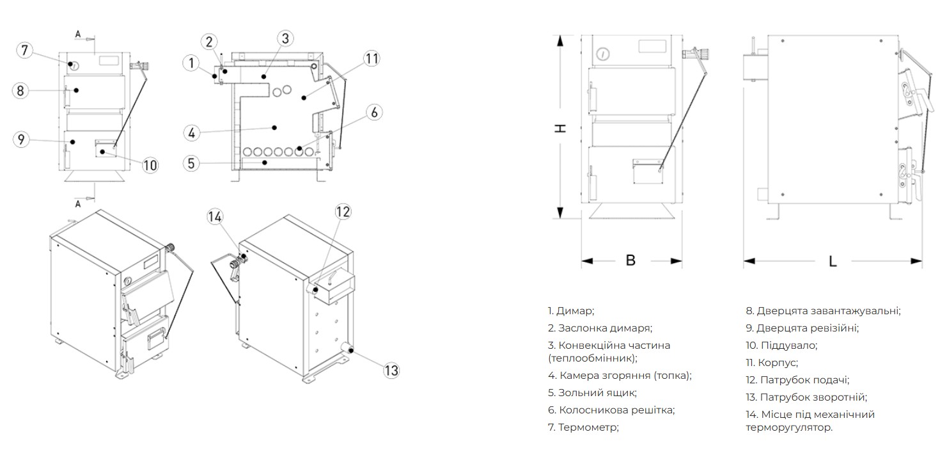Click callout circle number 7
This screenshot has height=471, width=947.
(x=24, y=50)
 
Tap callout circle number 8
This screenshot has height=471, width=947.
(x=20, y=91)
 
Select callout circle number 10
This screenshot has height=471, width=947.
(x=150, y=165)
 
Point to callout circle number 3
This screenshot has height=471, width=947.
(x=285, y=38)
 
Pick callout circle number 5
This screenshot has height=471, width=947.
(x=192, y=163)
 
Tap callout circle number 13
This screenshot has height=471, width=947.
(x=391, y=370)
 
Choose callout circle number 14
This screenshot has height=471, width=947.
(x=215, y=217)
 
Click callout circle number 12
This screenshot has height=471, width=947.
(x=343, y=212)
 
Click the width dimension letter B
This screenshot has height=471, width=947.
(x=630, y=260)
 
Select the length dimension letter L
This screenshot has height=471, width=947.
(x=832, y=261)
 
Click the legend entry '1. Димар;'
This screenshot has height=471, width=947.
(x=571, y=311)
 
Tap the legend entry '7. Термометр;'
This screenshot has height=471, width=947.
(x=583, y=427)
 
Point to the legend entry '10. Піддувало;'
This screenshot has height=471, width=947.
(x=781, y=346)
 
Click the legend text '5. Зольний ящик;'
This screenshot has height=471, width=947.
(x=592, y=393)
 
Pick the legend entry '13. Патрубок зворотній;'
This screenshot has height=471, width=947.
(x=806, y=397)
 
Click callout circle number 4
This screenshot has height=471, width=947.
(x=192, y=133)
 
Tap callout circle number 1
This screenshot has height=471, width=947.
(x=191, y=63)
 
